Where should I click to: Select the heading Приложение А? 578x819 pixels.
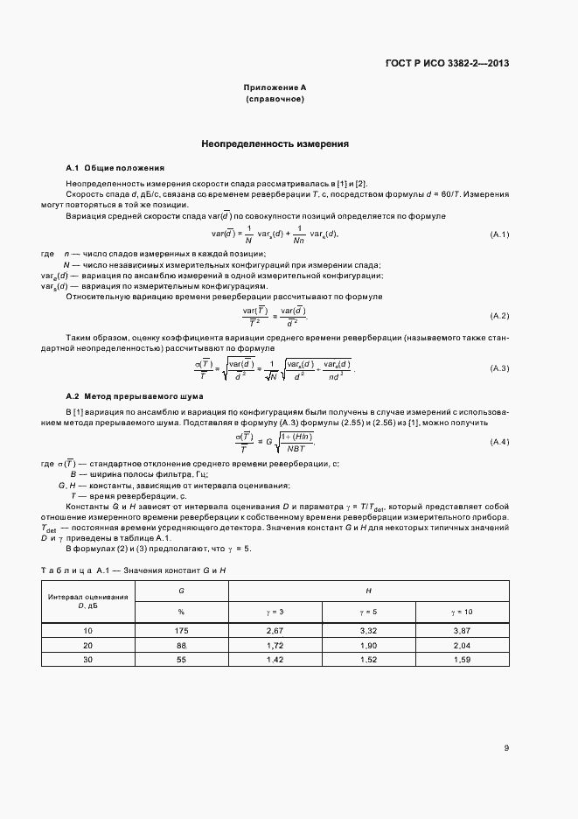[x=275, y=87]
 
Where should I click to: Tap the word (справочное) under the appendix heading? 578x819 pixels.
[x=275, y=99]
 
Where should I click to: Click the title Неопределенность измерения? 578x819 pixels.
[x=275, y=143]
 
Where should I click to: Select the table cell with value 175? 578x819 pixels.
[x=182, y=630]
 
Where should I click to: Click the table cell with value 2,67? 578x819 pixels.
[x=275, y=630]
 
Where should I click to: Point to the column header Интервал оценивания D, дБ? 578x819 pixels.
[x=87, y=600]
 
